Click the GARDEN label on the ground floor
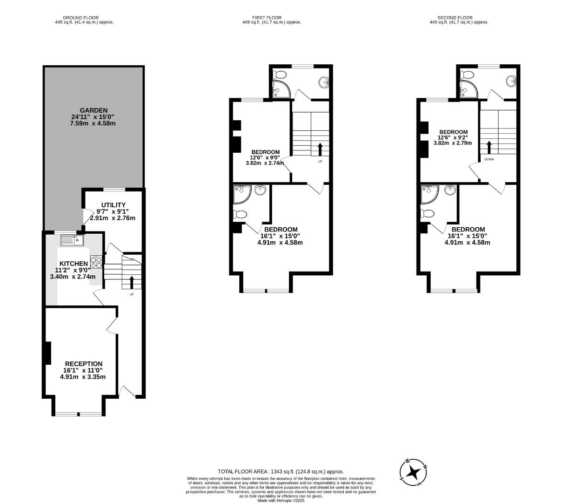tap(94, 110)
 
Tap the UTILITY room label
tap(114, 205)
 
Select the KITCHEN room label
tap(74, 264)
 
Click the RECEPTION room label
tap(84, 364)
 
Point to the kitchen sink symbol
tap(72, 240)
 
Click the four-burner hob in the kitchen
tap(96, 262)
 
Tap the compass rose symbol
tap(413, 472)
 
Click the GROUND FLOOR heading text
tap(80, 18)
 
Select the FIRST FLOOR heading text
tap(268, 18)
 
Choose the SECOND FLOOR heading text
tap(455, 18)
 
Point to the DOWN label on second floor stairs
tap(489, 159)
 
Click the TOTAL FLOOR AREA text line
tap(281, 472)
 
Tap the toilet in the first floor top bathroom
tap(281, 75)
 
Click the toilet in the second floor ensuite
tap(428, 214)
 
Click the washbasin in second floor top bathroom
tap(512, 82)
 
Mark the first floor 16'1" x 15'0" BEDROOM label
tap(281, 229)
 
